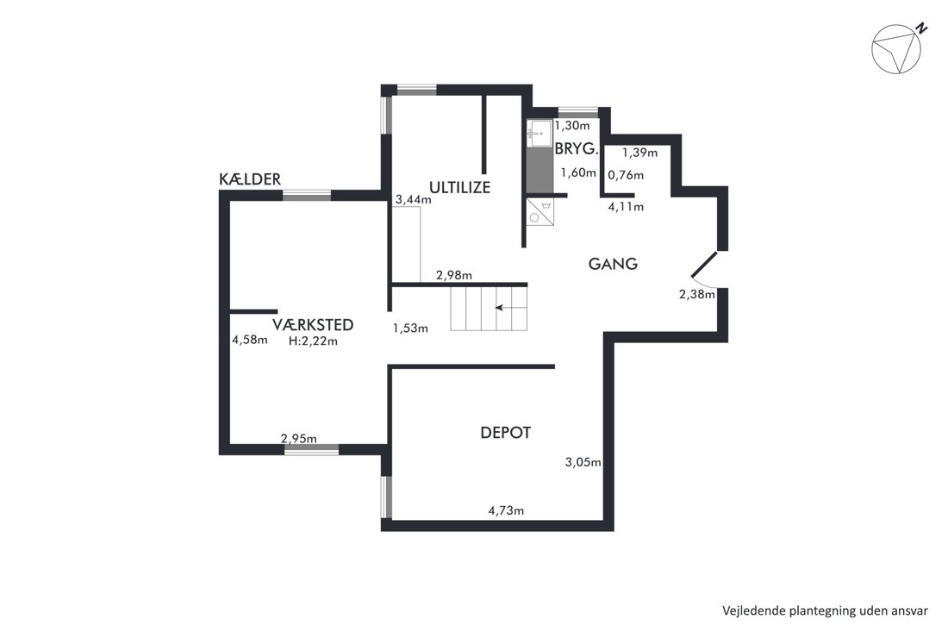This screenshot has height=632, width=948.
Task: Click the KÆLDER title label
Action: [x=250, y=179]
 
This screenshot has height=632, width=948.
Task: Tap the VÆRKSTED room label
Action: [x=313, y=325]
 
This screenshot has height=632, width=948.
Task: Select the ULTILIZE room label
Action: [x=459, y=187]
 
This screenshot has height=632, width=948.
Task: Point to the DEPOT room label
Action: [x=505, y=433]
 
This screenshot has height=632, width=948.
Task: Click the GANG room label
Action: [x=613, y=264]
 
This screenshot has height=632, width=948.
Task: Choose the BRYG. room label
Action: [x=577, y=148]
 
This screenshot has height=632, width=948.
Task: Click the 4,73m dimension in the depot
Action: [x=506, y=510]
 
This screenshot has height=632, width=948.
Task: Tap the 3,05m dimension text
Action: [x=583, y=463]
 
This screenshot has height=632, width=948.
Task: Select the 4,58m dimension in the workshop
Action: [x=250, y=340]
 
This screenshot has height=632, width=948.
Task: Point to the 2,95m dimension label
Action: [x=299, y=439]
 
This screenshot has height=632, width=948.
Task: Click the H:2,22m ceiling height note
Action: [x=313, y=341]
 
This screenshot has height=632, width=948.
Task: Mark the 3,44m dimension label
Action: [x=414, y=199]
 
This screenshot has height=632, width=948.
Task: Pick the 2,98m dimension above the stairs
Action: [x=454, y=275]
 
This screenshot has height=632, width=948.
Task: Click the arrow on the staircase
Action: [x=511, y=308]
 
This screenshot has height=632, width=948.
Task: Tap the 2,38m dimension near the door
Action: [x=697, y=295]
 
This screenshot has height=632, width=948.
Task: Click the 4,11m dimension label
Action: [x=626, y=207]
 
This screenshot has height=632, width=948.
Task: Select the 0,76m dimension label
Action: [x=626, y=175]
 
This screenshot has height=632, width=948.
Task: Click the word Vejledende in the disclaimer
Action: [x=752, y=610]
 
